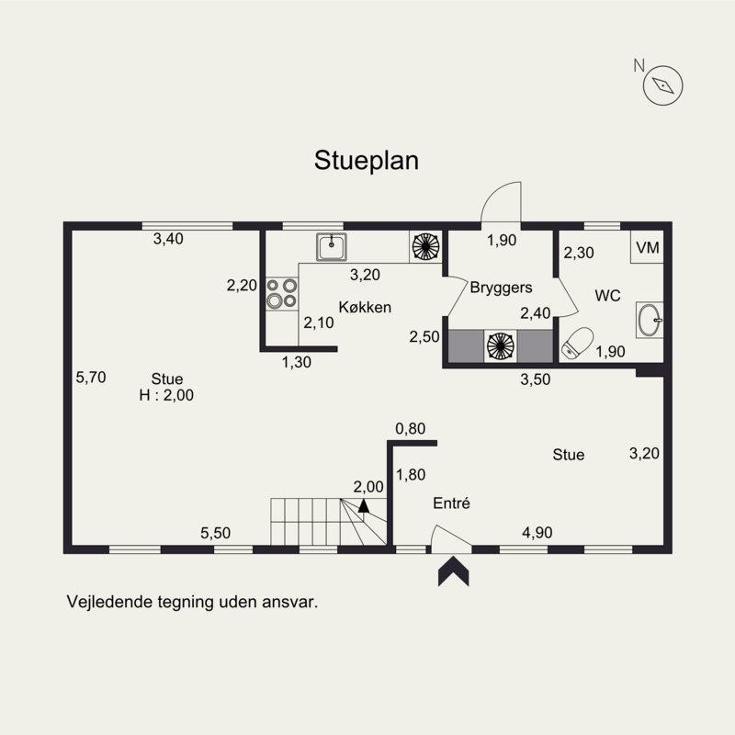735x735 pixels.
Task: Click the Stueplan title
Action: (x=367, y=161)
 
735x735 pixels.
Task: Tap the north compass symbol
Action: (x=663, y=85)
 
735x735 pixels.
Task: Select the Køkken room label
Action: (x=366, y=307)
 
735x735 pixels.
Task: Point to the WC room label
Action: (x=607, y=296)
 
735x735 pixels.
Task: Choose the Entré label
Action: (x=451, y=503)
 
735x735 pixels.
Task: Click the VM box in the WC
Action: (x=648, y=247)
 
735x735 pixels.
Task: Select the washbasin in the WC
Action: (x=650, y=320)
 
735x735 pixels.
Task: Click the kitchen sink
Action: (x=331, y=245)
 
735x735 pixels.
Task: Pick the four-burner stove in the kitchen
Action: (x=281, y=292)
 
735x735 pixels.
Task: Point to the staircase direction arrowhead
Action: (x=364, y=504)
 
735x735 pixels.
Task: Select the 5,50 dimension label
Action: (x=216, y=532)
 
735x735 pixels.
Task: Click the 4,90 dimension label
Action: (x=537, y=532)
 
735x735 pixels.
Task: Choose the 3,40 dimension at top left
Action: (x=168, y=239)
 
